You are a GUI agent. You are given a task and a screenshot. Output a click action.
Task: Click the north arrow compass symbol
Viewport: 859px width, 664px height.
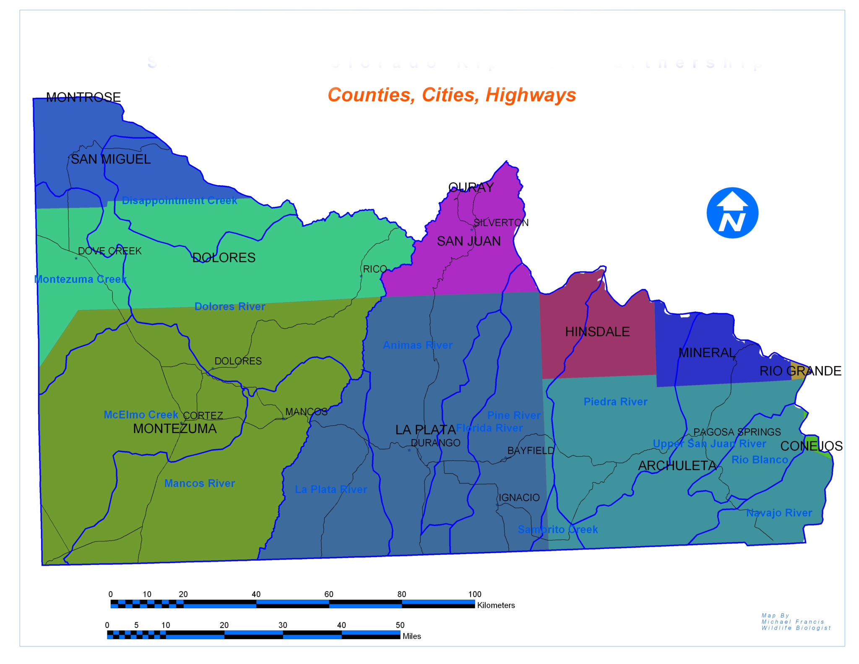coord(732,213)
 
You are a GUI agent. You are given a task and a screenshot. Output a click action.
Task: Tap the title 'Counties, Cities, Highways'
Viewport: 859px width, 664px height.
coord(452,95)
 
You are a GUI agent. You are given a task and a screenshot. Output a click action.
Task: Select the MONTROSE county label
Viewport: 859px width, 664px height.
coord(83,97)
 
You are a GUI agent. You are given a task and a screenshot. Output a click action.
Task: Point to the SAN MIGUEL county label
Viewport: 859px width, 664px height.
coord(110,159)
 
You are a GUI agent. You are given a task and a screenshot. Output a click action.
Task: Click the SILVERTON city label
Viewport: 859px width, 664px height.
coord(501,222)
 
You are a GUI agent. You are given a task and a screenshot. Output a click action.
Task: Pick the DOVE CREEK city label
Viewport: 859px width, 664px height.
coord(110,251)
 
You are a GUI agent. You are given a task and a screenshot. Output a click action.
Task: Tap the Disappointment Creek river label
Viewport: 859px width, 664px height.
coord(180,201)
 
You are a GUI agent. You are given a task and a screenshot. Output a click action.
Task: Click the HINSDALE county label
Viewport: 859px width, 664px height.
coord(597,332)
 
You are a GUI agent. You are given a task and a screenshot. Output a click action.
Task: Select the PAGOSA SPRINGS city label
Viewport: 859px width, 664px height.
coord(737,432)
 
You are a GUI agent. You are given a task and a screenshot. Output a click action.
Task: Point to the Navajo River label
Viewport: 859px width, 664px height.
coord(779,512)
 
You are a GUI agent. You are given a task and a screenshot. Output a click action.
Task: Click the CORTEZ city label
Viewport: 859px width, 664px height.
coord(203,416)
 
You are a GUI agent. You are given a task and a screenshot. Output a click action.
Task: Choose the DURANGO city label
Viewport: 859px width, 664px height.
coord(435,443)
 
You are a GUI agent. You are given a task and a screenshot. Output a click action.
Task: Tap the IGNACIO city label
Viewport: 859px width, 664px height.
coord(519,497)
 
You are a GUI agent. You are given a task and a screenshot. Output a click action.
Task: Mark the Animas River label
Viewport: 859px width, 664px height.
coord(418,345)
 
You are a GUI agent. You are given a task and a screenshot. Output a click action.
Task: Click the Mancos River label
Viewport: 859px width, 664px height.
coord(200,483)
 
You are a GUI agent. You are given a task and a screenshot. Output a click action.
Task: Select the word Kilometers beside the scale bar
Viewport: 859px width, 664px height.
coord(496,605)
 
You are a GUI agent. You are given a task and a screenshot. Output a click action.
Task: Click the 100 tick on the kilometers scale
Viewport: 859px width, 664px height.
coord(475,594)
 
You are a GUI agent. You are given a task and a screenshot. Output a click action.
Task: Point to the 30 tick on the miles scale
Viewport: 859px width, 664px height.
coord(283,625)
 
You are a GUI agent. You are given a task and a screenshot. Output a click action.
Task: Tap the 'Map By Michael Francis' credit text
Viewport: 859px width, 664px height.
coord(796,622)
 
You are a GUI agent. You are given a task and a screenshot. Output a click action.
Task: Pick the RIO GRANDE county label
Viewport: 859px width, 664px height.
coord(800,371)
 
